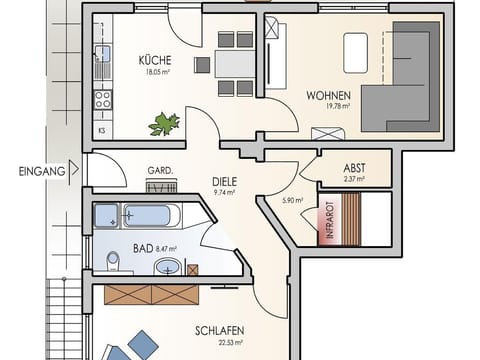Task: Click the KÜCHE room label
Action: [155, 59]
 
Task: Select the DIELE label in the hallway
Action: [225, 182]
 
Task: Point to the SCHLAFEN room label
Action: [219, 331]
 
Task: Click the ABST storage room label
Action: [355, 168]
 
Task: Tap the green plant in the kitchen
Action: [163, 124]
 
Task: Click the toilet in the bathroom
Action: [113, 263]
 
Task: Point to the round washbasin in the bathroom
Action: [169, 267]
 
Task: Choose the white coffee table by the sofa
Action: [356, 53]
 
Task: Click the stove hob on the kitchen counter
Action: [101, 99]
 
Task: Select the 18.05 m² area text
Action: [155, 72]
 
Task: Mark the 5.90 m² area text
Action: [293, 201]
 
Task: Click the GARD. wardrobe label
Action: [160, 170]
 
